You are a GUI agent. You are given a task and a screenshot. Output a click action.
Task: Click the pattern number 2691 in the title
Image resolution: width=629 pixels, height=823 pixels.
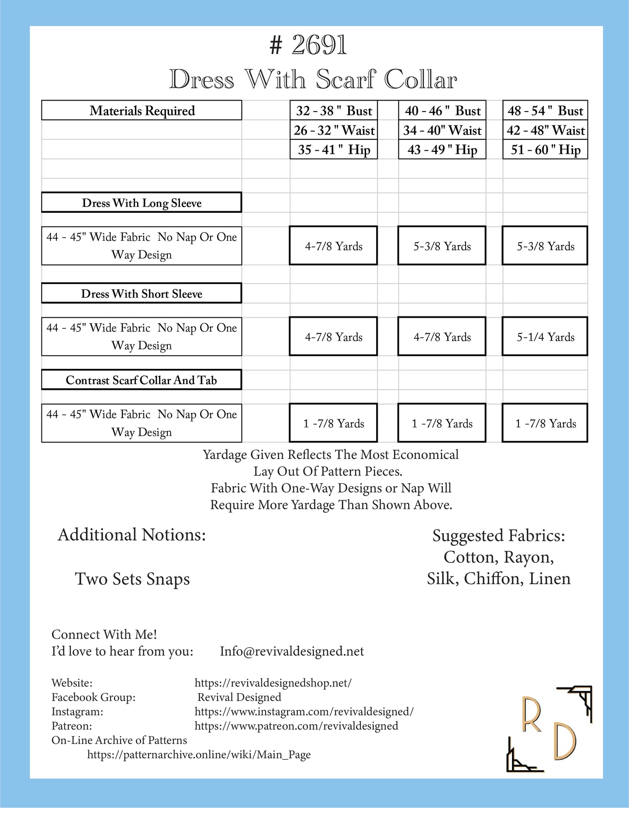tap(319, 45)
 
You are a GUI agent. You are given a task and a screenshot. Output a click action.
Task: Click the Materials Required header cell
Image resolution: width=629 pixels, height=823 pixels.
tap(142, 111)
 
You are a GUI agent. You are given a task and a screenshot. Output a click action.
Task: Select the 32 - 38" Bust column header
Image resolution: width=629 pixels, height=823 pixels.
tap(334, 111)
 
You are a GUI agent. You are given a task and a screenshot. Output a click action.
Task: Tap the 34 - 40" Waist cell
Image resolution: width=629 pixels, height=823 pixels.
tap(442, 130)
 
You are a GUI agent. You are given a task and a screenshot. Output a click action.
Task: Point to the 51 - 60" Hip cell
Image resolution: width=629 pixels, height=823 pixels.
tap(545, 150)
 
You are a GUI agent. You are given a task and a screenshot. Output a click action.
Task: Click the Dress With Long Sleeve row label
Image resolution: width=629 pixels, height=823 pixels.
tap(142, 203)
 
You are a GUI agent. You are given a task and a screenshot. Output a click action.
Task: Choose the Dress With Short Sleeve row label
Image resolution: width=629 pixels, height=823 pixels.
tap(142, 294)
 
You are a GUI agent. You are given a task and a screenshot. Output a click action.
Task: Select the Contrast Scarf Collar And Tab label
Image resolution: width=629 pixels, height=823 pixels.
tap(142, 380)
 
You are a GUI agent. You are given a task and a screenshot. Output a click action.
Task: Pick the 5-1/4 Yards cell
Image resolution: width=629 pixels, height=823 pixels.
tap(545, 337)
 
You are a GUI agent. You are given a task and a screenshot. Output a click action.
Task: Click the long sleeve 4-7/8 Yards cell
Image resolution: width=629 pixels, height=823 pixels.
tap(333, 246)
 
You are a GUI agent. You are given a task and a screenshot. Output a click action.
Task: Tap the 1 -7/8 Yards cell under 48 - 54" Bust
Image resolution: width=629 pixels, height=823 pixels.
tap(545, 424)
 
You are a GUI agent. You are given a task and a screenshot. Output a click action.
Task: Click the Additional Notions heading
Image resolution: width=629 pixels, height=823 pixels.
tap(132, 535)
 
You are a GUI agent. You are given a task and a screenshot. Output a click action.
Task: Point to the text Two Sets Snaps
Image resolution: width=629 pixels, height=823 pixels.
tap(132, 579)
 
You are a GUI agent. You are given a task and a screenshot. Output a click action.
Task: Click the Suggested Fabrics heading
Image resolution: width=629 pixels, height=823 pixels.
tap(498, 535)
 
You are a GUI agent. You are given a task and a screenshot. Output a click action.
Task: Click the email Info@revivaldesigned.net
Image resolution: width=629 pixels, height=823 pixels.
tap(292, 651)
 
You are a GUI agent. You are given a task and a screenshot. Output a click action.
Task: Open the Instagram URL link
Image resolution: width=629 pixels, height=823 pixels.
tap(304, 712)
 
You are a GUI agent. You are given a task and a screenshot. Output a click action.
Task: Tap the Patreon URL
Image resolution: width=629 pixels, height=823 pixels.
tap(296, 726)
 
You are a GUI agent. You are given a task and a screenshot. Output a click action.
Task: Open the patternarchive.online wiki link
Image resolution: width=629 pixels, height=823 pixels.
tap(199, 755)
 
